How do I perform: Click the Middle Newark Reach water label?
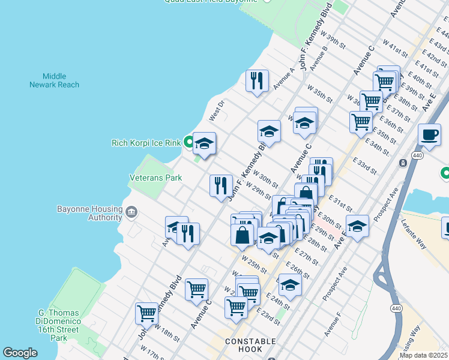point(54,80)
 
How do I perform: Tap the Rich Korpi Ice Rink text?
point(146,143)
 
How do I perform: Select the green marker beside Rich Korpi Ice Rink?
point(188,142)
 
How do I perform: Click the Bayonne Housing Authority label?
point(89,213)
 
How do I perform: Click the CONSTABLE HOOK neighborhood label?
point(250,346)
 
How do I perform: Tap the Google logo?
point(20,353)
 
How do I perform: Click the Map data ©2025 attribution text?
point(423,355)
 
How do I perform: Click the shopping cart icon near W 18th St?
point(147,312)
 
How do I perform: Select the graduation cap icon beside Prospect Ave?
point(357,226)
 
